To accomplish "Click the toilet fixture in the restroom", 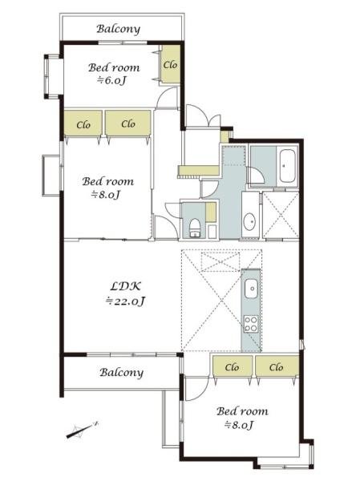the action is [194, 228].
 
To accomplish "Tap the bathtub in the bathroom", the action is [288, 166].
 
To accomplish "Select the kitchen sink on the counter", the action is [252, 289].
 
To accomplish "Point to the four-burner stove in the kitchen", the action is [251, 324].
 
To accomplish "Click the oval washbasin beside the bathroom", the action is [249, 221].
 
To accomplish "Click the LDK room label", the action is [125, 286].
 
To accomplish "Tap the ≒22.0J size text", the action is [125, 301].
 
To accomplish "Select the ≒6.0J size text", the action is [112, 80].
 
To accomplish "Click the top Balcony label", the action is [119, 29].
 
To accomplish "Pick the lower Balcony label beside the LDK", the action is [122, 373].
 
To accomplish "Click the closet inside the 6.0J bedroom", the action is [170, 65].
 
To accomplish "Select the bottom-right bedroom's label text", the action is [242, 411].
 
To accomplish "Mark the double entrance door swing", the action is [203, 115].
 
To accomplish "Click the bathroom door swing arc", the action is [256, 175].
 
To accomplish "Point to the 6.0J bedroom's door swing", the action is [168, 97].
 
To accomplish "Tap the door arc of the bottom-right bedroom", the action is [197, 389].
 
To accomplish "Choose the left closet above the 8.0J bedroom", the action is [83, 123].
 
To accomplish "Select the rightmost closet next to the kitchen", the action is [277, 366].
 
